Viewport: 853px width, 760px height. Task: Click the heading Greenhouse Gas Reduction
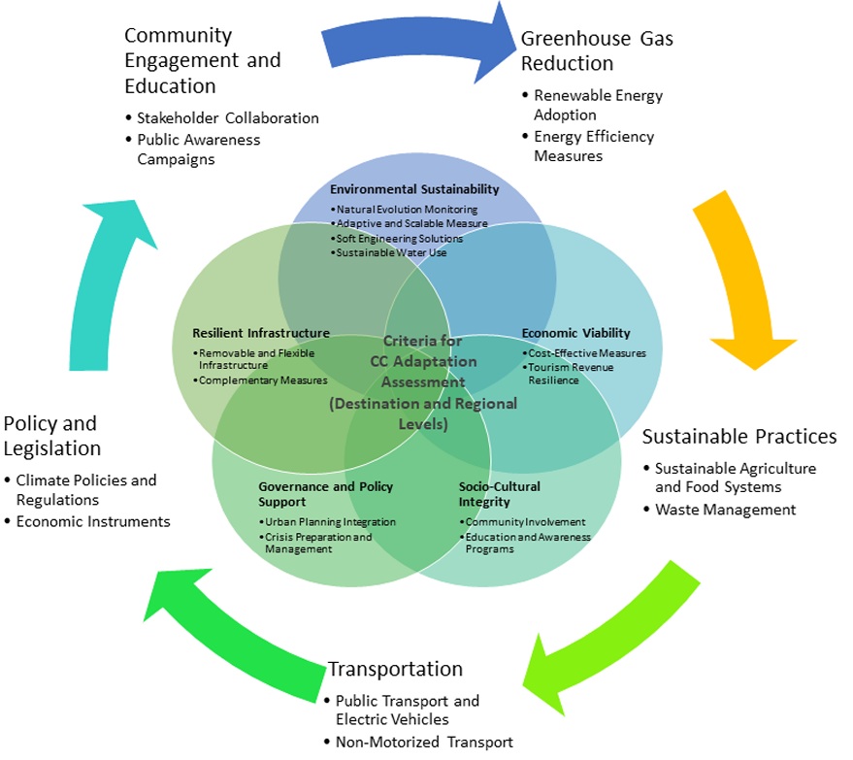597,50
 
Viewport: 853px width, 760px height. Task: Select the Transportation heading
396,669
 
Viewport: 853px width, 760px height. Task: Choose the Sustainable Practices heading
739,437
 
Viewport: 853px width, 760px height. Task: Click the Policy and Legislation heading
52,436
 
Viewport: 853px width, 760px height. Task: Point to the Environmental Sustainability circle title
414,188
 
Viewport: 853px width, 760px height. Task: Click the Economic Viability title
576,333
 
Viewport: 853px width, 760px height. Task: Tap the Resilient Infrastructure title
261,333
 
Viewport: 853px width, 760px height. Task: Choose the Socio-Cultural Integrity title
500,494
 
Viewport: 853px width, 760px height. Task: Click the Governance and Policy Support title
325,494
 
